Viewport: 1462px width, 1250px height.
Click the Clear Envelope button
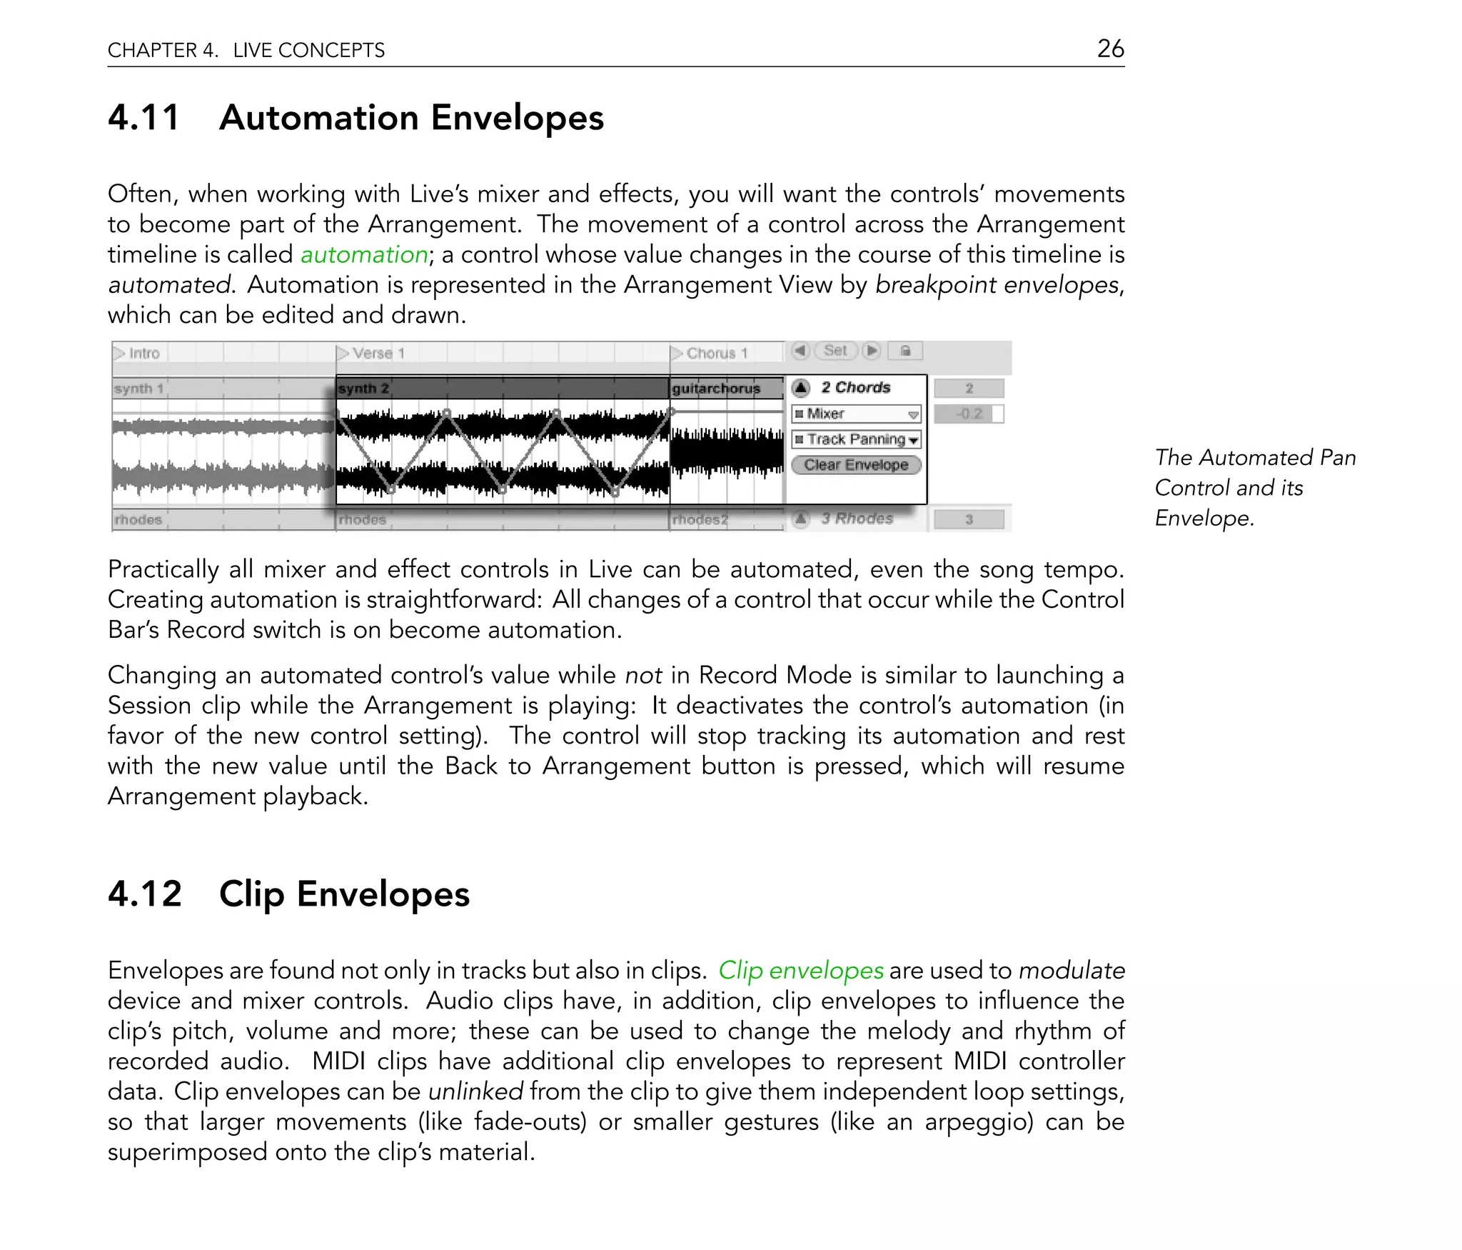[856, 465]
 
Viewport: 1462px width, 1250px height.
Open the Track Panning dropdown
[856, 439]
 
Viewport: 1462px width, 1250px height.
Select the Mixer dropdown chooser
[856, 414]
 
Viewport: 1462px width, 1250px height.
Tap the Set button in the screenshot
[835, 351]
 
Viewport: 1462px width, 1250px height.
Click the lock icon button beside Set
[905, 351]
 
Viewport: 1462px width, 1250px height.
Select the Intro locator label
[143, 354]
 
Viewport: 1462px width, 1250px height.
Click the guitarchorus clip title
[716, 389]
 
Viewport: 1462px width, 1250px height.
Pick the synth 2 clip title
[363, 389]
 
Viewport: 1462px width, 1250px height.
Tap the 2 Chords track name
[855, 388]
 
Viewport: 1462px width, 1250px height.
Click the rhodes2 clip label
[700, 520]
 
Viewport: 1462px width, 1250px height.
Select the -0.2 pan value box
[969, 414]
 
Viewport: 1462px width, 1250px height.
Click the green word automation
[364, 254]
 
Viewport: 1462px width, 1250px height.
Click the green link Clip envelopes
[800, 970]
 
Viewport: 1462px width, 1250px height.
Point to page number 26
[1110, 49]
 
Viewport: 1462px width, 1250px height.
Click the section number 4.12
[145, 894]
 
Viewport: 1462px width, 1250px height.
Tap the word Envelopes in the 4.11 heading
[517, 118]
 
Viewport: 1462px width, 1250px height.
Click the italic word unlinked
[475, 1091]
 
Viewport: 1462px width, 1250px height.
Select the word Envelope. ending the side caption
[1204, 518]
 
